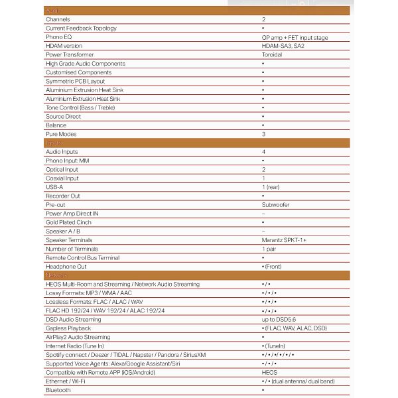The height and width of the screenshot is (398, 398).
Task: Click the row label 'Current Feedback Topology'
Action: pyautogui.click(x=81, y=29)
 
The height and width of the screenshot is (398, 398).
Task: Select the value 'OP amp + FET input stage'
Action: pyautogui.click(x=295, y=38)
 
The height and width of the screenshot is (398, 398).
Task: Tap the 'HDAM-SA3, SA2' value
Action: pyautogui.click(x=284, y=46)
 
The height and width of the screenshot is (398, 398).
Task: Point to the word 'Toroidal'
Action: pyautogui.click(x=272, y=54)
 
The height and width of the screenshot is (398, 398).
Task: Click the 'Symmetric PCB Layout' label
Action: pyautogui.click(x=75, y=81)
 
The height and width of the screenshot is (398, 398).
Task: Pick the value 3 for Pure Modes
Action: pyautogui.click(x=263, y=134)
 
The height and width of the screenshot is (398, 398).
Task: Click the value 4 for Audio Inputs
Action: pyautogui.click(x=263, y=152)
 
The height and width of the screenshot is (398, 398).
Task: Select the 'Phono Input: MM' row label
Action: pyautogui.click(x=67, y=161)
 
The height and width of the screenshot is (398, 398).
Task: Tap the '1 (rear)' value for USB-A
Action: pyautogui.click(x=271, y=187)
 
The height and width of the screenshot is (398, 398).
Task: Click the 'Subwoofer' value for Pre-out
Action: pyautogui.click(x=275, y=205)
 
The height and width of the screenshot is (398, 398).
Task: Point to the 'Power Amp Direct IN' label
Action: pyautogui.click(x=72, y=214)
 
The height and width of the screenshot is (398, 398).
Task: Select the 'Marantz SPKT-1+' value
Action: pyautogui.click(x=284, y=240)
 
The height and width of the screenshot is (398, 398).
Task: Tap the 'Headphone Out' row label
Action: pyautogui.click(x=66, y=266)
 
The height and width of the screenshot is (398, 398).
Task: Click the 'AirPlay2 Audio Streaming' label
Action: pyautogui.click(x=78, y=337)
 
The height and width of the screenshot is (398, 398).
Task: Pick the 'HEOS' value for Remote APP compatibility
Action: pyautogui.click(x=270, y=372)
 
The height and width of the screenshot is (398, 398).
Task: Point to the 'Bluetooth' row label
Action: pyautogui.click(x=58, y=390)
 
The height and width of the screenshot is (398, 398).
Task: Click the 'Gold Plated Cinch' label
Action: pyautogui.click(x=69, y=222)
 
